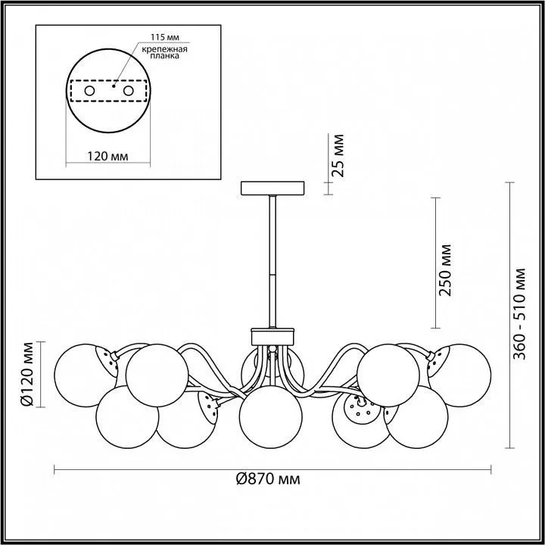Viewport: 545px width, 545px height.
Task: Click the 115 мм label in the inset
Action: tap(165, 36)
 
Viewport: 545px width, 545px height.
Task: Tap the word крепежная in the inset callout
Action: tap(164, 49)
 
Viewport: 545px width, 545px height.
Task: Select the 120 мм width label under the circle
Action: tap(107, 157)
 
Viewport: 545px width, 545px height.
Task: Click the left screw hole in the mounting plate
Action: tap(89, 91)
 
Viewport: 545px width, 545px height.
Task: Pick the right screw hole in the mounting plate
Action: tap(128, 91)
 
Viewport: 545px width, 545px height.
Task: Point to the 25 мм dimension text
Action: tap(338, 155)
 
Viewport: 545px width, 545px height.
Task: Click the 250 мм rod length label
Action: tap(445, 270)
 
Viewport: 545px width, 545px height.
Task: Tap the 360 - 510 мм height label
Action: tap(519, 314)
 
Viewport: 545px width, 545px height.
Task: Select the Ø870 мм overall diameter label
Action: tap(268, 479)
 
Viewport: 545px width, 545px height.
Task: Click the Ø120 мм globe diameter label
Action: tap(27, 375)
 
